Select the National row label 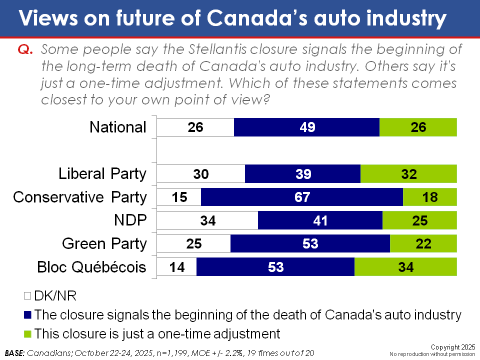(x=118, y=127)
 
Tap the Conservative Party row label (x=80, y=197)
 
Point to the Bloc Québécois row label (x=92, y=266)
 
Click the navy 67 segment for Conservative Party (x=302, y=197)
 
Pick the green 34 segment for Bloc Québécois (x=406, y=266)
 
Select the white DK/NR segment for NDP (x=207, y=220)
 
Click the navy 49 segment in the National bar (x=306, y=127)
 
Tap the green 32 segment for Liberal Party (x=408, y=173)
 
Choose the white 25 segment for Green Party (x=194, y=243)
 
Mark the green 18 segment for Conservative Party (x=430, y=197)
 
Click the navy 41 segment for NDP (x=320, y=220)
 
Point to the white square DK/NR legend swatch (x=27, y=296)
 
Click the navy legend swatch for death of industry (x=27, y=315)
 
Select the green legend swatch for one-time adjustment (x=27, y=333)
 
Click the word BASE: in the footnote (x=15, y=352)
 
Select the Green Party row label (x=104, y=243)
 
